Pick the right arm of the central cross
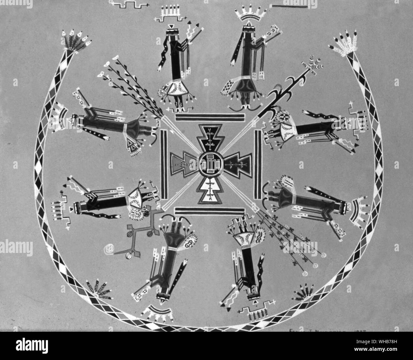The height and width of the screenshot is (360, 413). click(x=237, y=164)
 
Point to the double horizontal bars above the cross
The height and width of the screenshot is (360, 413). click(x=210, y=117)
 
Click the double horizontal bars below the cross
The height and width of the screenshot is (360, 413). click(x=210, y=211)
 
